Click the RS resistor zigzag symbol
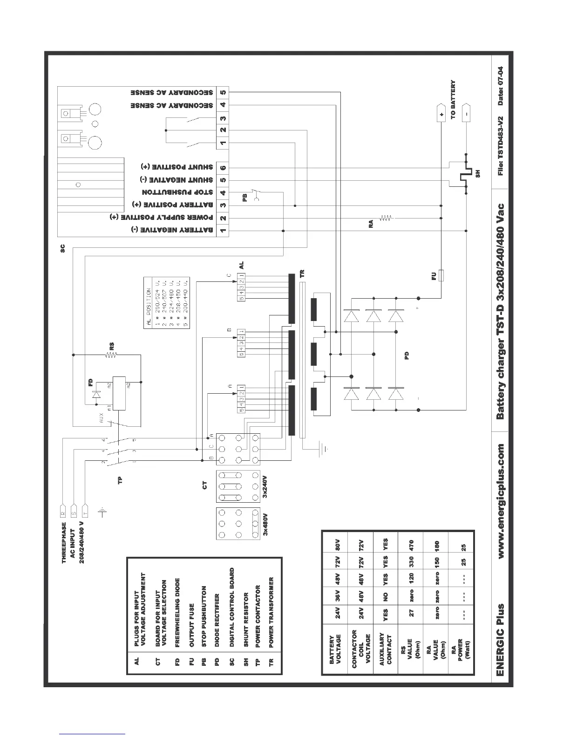[112, 355]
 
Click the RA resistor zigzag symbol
[387, 218]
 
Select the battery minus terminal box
[467, 113]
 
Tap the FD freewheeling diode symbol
[97, 394]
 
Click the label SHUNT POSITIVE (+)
[177, 167]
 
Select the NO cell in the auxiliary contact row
[386, 595]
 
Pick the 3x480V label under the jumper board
[266, 526]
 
